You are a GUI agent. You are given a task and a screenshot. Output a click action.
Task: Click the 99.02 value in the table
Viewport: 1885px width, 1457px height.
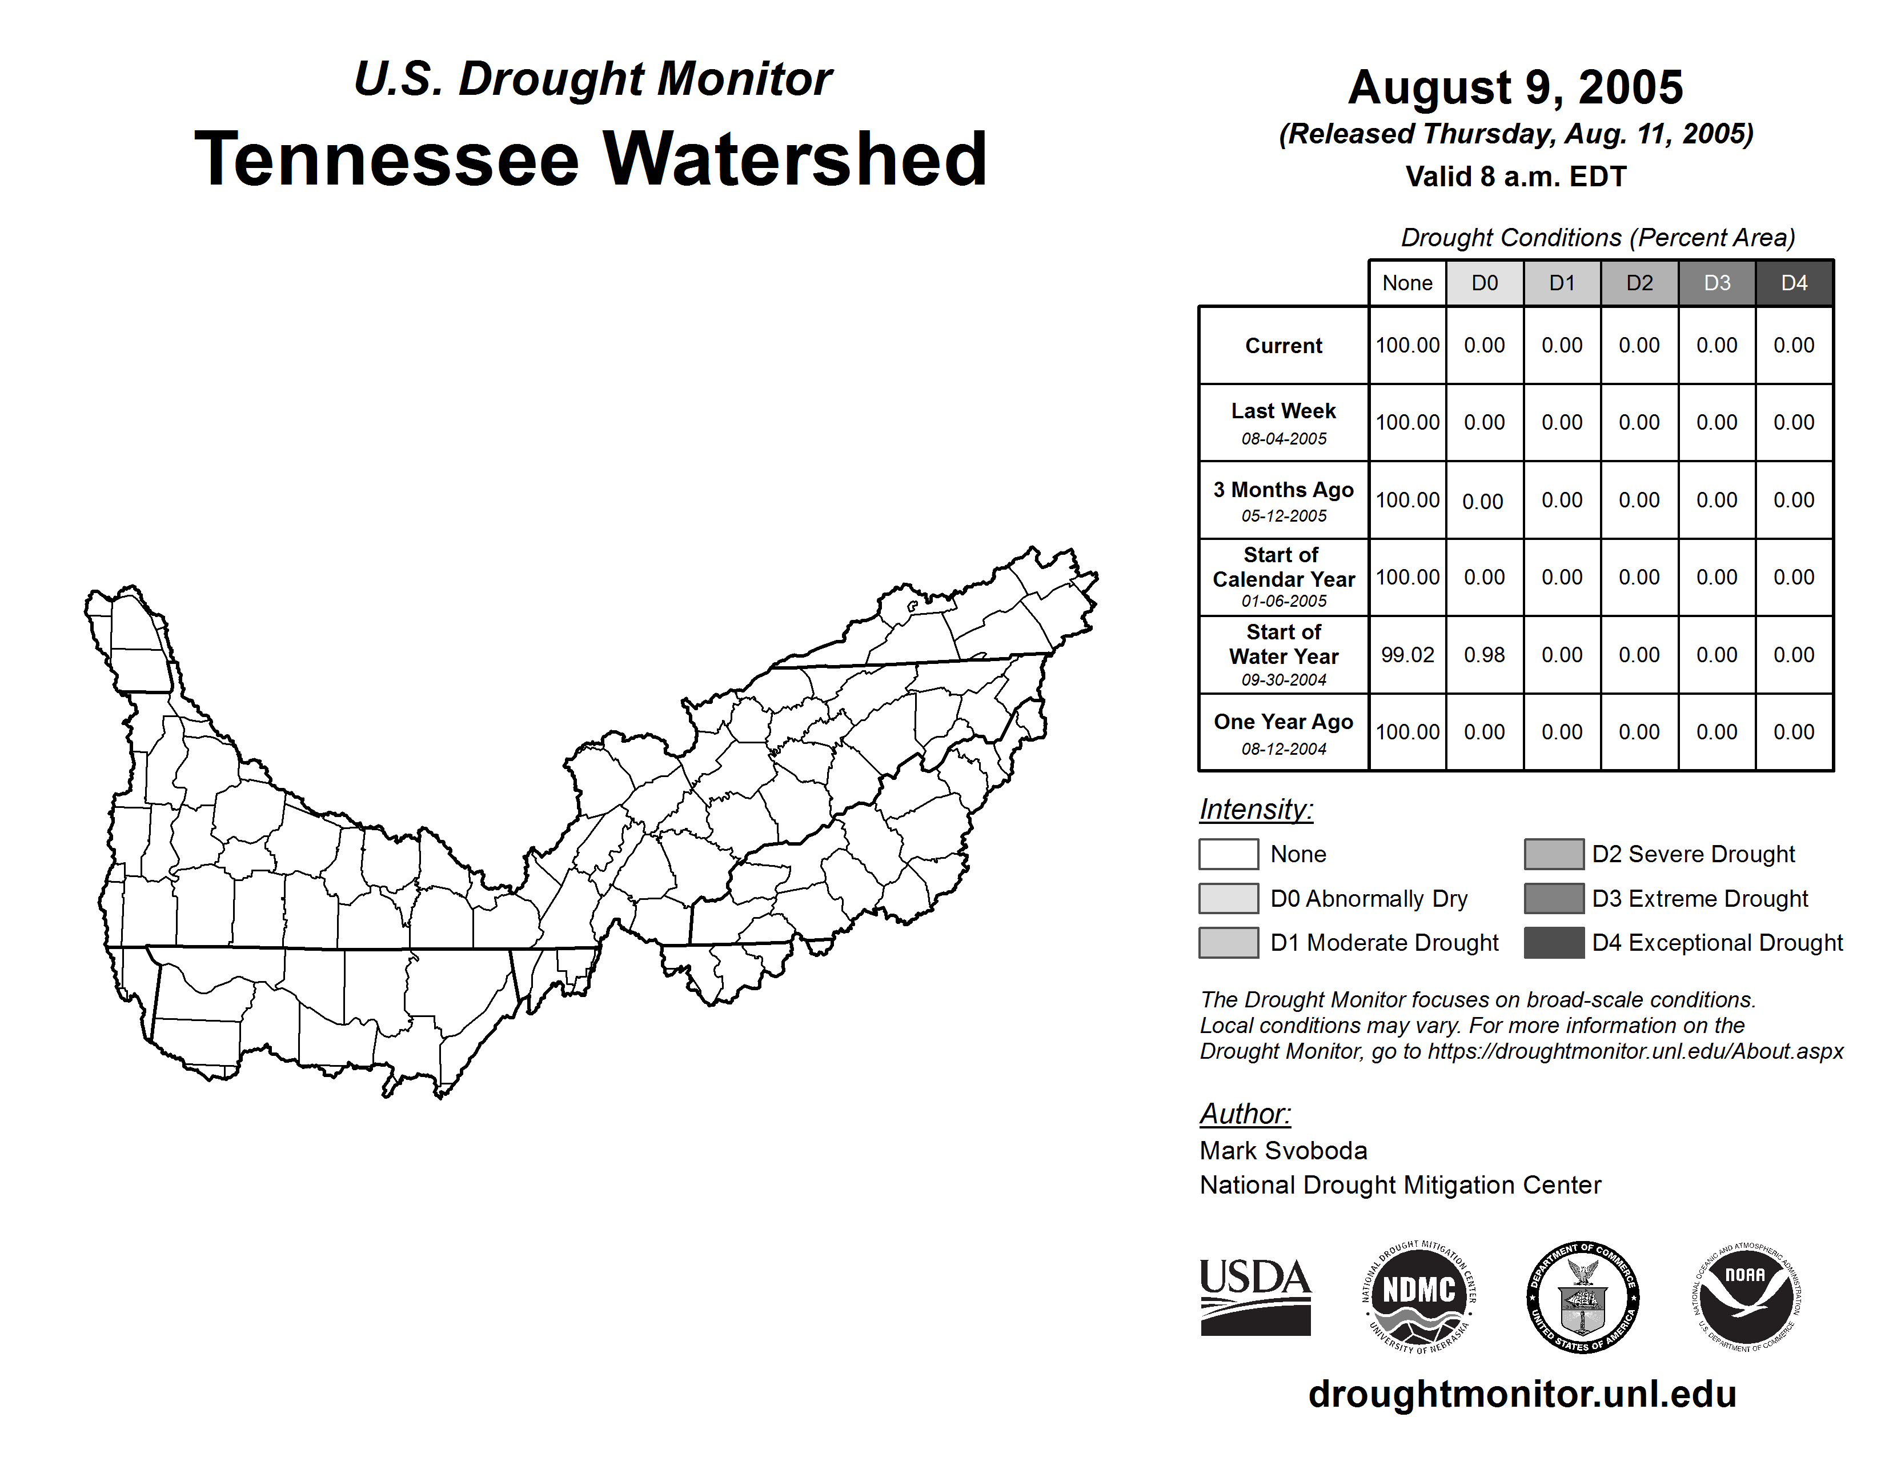click(x=1407, y=655)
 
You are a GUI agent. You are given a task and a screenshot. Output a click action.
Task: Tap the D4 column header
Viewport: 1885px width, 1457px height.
click(x=1794, y=283)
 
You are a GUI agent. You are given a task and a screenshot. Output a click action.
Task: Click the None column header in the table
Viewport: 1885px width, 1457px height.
click(x=1407, y=283)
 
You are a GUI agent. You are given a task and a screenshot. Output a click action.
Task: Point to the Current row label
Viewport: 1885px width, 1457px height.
click(x=1284, y=346)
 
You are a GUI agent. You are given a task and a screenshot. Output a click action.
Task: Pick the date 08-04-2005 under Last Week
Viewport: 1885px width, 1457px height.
click(x=1284, y=438)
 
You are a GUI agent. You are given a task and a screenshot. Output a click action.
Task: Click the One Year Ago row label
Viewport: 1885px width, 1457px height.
click(x=1284, y=722)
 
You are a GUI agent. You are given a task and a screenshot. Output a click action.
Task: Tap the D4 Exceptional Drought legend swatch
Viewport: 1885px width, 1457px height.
click(x=1554, y=943)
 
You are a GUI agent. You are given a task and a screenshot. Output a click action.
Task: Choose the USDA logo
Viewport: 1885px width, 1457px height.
click(x=1255, y=1296)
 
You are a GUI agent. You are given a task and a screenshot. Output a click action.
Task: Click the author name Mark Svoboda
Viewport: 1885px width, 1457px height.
click(x=1284, y=1151)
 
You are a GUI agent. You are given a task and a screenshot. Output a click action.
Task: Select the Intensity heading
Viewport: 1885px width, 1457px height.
click(x=1256, y=810)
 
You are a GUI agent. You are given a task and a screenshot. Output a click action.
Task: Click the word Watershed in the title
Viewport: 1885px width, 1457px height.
click(x=794, y=159)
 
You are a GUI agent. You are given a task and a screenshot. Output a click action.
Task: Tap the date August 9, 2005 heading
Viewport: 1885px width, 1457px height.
click(x=1515, y=87)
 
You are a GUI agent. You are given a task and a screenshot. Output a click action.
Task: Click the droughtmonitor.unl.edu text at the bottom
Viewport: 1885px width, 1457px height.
click(x=1522, y=1394)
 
